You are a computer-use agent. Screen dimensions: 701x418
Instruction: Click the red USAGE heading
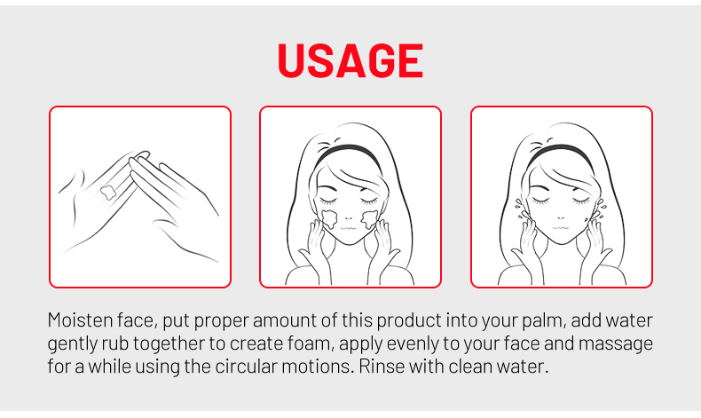350,60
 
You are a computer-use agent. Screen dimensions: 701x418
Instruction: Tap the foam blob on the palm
108,192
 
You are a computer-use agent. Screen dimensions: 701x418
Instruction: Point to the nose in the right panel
560,218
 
